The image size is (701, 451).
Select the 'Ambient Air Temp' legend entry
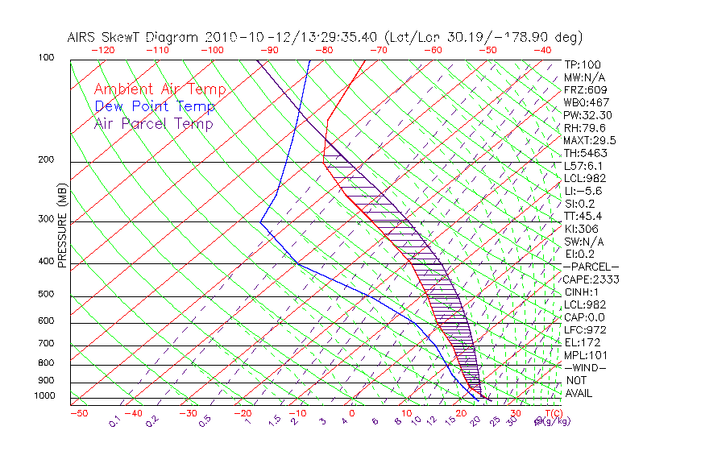[x=160, y=89]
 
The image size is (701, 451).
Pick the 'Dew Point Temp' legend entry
[x=154, y=106]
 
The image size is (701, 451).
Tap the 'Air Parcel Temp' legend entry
[x=153, y=123]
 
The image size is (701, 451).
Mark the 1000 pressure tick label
[x=46, y=396]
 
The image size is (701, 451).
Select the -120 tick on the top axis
[x=102, y=50]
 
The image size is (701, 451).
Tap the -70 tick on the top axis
[x=378, y=50]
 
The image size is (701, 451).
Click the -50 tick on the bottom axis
[x=78, y=413]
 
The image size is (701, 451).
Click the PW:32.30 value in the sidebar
[x=587, y=115]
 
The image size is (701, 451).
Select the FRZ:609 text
[x=585, y=90]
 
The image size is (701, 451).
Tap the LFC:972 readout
[x=584, y=330]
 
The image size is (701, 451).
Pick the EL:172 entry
[x=582, y=342]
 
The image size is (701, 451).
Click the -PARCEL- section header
[x=591, y=267]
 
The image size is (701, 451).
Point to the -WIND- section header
[x=586, y=367]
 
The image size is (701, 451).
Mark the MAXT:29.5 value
[x=590, y=140]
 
